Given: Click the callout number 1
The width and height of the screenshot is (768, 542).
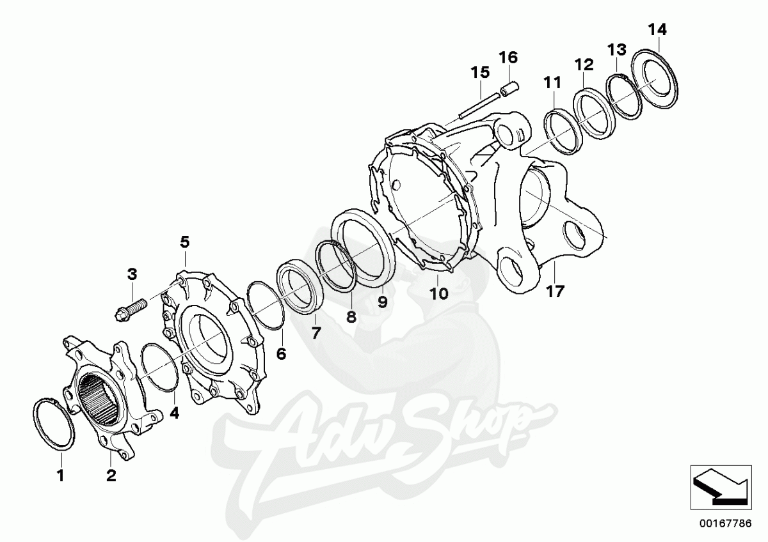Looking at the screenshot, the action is coord(61,476).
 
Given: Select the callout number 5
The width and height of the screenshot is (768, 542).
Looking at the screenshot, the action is coord(185,242).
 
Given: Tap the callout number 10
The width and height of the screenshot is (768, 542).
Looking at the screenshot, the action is coord(439,293).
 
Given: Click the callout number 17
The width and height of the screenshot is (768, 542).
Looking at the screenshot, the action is coord(555,291).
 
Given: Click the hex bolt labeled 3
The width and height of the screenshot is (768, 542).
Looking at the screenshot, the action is coord(131,307).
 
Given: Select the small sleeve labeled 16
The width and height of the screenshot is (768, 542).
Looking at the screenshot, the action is coord(509,88).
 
